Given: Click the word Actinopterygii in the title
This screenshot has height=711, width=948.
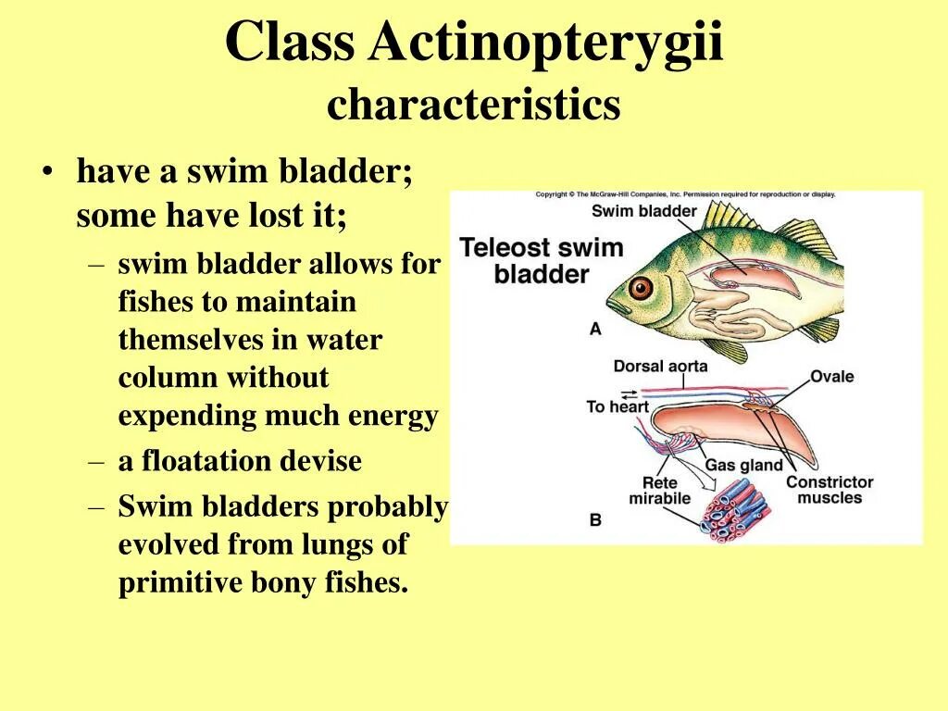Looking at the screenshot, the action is click(545, 44).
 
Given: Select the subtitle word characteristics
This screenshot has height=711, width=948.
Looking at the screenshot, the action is click(473, 105).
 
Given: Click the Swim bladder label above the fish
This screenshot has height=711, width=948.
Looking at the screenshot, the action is click(643, 211).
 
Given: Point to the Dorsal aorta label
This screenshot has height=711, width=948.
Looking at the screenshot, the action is click(660, 366).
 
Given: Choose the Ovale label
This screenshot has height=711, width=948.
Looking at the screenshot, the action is click(831, 377).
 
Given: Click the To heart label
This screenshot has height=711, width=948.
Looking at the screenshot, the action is click(617, 405).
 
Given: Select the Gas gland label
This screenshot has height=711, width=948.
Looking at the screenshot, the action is click(743, 465).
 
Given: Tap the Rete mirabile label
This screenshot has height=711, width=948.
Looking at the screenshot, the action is click(659, 490).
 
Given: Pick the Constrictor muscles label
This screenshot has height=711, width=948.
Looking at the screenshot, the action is click(829, 490).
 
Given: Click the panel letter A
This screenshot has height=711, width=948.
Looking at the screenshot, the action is click(594, 329).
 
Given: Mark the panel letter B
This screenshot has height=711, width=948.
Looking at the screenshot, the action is click(594, 519).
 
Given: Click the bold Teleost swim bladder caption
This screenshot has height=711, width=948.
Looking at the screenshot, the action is click(542, 260).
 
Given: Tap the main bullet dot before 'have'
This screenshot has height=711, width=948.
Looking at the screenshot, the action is click(47, 172).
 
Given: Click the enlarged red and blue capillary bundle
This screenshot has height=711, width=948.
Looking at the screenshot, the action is click(734, 508).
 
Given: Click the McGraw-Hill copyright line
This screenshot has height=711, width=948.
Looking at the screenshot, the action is click(685, 194).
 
